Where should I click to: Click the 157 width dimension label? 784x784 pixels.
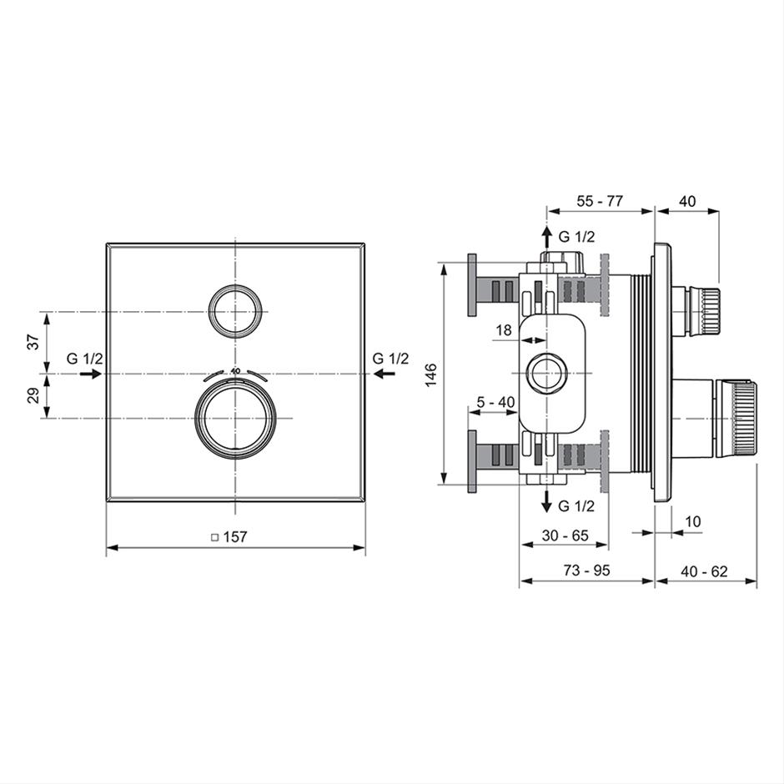click(235, 536)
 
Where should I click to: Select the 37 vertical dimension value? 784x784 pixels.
click(33, 342)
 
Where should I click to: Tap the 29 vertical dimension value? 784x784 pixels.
click(33, 395)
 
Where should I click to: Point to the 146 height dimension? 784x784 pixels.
click(430, 374)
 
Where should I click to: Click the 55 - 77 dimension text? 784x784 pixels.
click(600, 201)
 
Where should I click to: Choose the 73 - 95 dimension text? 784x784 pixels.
click(586, 570)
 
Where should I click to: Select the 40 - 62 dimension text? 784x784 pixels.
click(704, 571)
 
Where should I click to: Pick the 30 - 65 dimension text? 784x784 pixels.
click(565, 535)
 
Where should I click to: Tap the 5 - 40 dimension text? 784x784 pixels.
click(495, 402)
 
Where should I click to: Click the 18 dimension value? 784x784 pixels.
click(504, 330)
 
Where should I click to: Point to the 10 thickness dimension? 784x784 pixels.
click(692, 521)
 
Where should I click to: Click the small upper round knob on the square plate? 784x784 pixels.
click(235, 311)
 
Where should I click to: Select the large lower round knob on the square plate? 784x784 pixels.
click(235, 418)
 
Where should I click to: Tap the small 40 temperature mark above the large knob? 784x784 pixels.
click(235, 370)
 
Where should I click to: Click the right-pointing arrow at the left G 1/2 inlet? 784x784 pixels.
click(91, 374)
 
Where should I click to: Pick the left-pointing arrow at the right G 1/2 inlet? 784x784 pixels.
click(384, 374)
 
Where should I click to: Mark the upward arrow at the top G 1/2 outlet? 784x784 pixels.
click(547, 237)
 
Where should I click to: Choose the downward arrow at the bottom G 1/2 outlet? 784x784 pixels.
click(547, 501)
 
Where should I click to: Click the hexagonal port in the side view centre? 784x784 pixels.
click(547, 374)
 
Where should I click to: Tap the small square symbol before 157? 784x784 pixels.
click(215, 537)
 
